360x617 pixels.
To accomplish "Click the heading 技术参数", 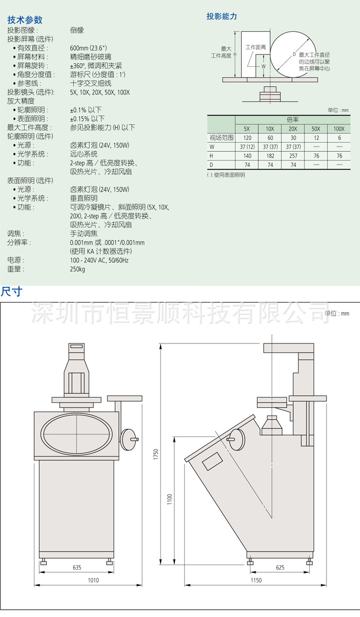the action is click(25, 20).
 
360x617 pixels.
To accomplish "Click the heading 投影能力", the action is click(222, 16).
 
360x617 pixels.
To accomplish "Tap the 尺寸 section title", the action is click(11, 292).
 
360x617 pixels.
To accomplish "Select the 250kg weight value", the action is click(77, 269).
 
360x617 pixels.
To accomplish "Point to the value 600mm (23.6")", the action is click(88, 48).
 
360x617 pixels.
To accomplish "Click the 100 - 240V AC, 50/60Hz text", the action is click(99, 260).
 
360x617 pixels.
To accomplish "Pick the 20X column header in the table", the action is click(293, 129).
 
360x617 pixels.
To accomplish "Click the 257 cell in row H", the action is click(293, 156).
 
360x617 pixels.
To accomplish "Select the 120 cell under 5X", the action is click(247, 138).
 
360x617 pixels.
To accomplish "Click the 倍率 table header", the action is click(293, 120).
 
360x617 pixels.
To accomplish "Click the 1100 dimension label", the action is click(169, 499).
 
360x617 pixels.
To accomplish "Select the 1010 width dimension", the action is click(94, 580).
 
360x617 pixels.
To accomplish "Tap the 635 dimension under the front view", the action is click(77, 567).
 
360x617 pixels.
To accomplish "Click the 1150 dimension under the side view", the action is click(256, 580).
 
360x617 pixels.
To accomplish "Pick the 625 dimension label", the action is click(280, 567).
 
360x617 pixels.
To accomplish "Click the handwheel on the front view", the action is click(127, 439).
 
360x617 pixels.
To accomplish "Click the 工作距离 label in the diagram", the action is click(256, 47).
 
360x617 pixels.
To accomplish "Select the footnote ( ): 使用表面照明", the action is click(226, 175).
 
